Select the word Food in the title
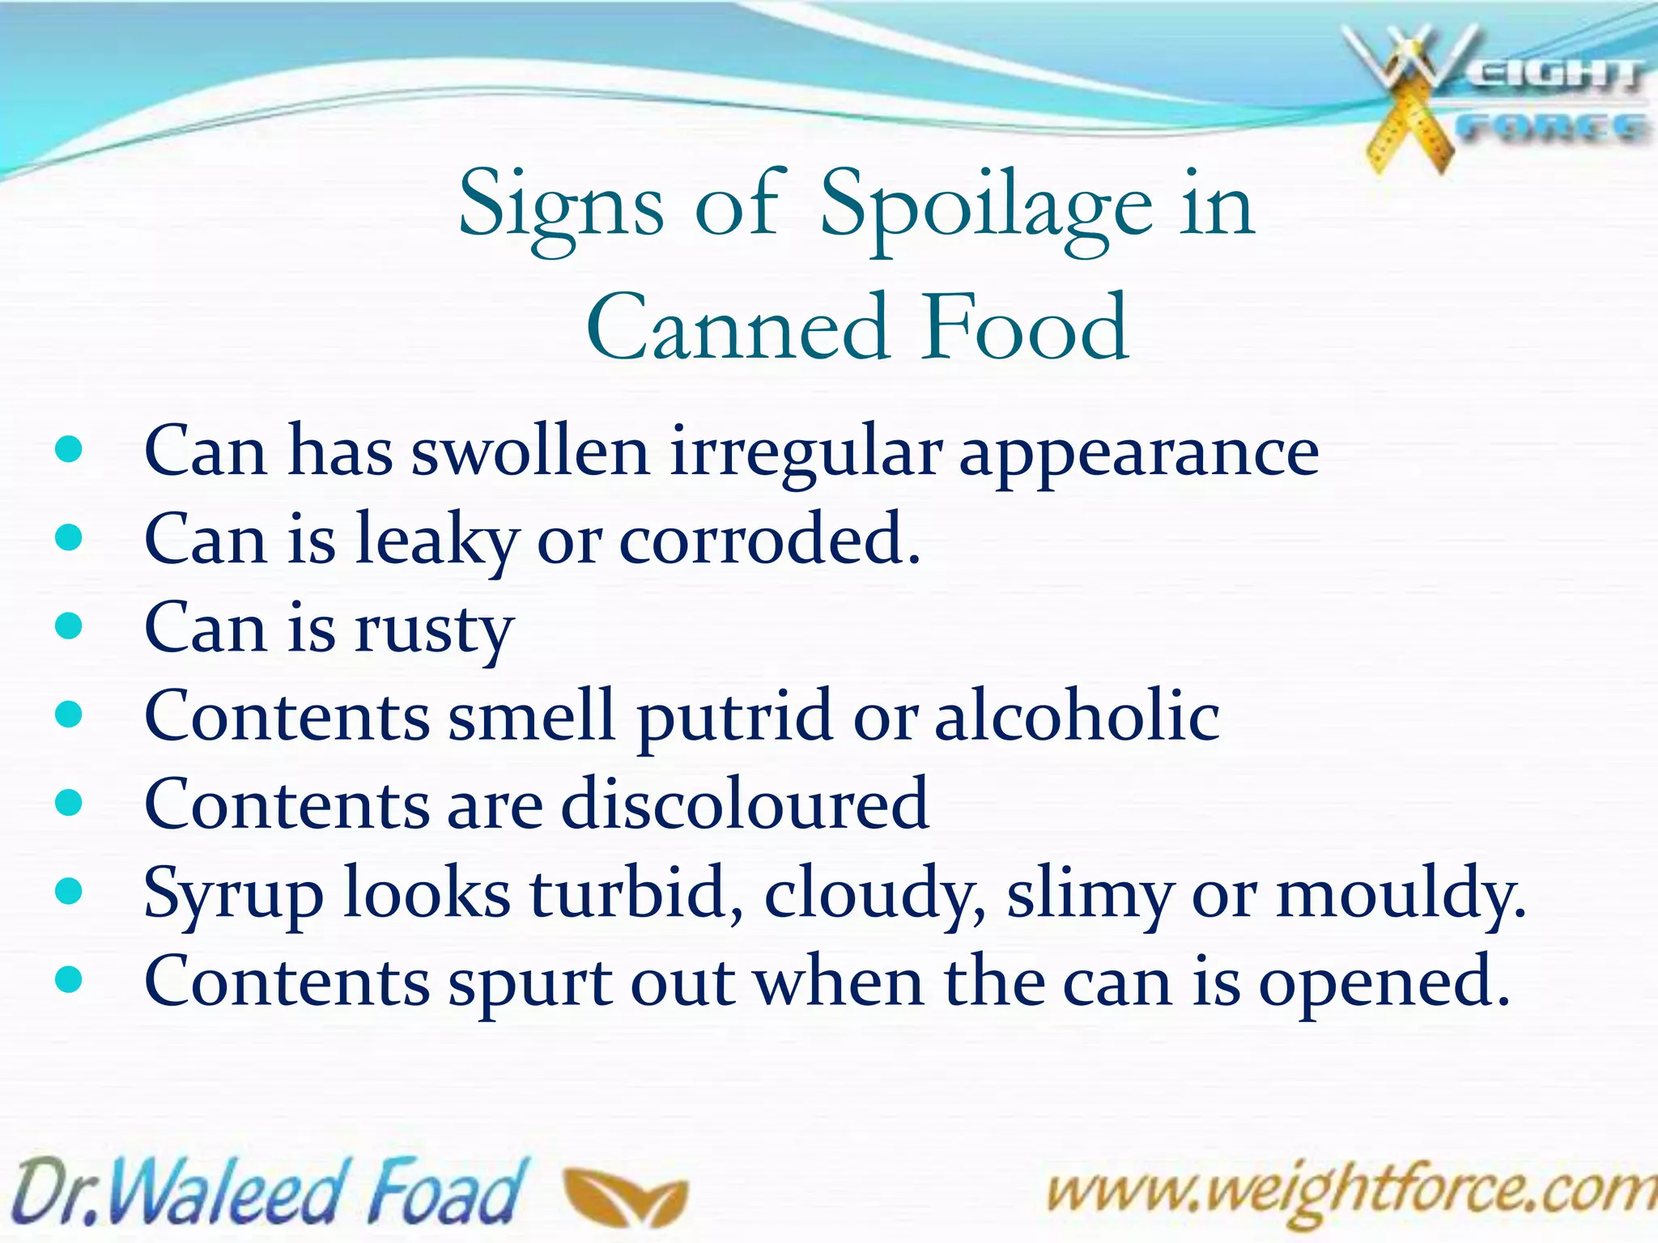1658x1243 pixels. click(1026, 328)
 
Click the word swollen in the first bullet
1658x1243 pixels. click(530, 451)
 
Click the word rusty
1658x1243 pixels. click(434, 630)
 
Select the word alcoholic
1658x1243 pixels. click(1077, 715)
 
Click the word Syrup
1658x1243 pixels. click(233, 895)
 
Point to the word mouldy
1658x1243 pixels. click(1401, 895)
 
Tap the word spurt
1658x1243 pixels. click(530, 984)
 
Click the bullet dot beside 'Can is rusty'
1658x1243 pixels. click(70, 626)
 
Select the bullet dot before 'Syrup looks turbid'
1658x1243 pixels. click(70, 892)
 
